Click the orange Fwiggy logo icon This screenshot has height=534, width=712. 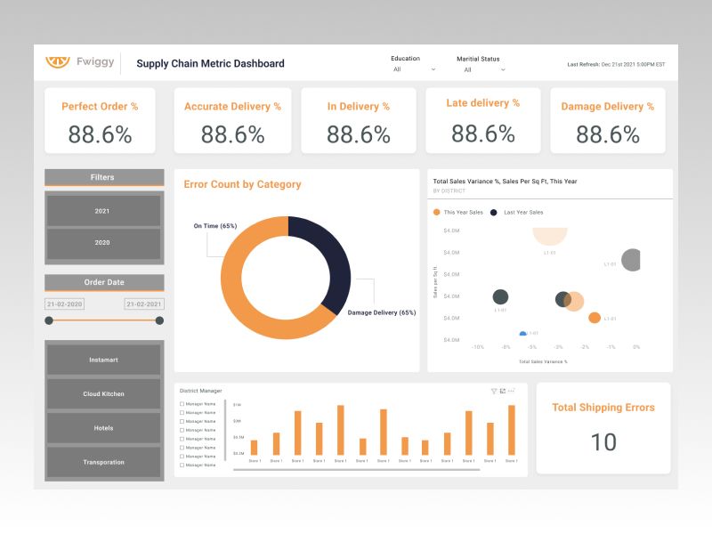click(58, 62)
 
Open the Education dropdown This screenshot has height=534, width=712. click(414, 69)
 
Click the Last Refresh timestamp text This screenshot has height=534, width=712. click(616, 64)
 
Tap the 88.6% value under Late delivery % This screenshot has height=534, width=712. click(483, 133)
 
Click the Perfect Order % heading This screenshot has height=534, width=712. click(100, 107)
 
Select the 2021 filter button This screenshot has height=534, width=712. click(103, 211)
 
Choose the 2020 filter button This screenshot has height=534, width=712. click(103, 243)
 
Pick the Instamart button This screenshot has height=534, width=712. click(103, 360)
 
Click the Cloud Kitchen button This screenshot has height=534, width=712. click(103, 393)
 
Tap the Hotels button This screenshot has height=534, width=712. click(103, 428)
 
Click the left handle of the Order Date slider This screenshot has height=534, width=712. click(49, 320)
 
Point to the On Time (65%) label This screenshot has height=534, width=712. click(214, 226)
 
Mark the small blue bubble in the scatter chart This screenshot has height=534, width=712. click(523, 334)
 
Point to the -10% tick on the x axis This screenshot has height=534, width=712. click(477, 346)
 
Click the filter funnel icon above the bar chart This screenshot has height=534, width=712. click(494, 391)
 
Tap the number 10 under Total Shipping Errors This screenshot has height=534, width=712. click(603, 442)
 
